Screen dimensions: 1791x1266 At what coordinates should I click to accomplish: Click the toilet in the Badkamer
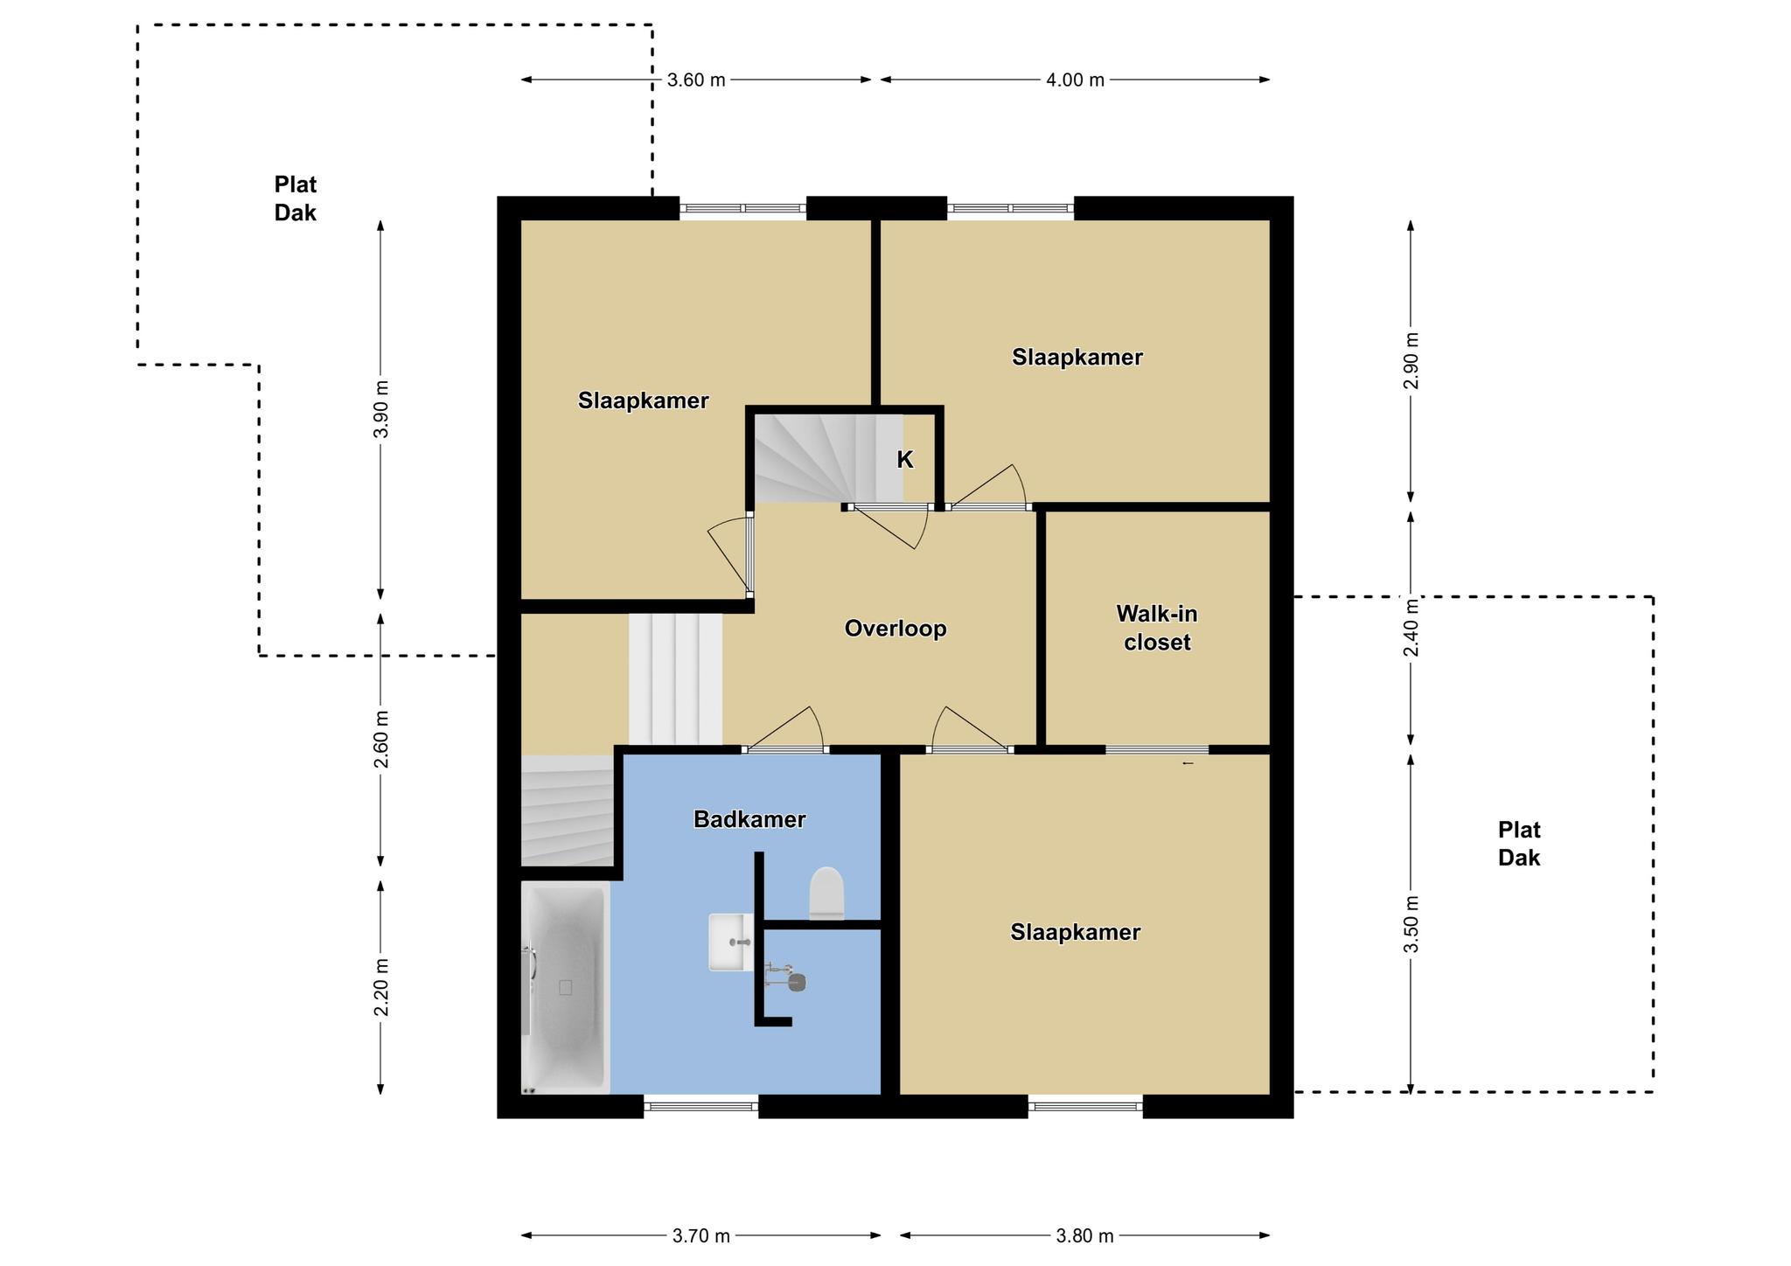[x=826, y=893]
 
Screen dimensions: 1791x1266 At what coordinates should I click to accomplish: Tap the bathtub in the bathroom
[x=566, y=988]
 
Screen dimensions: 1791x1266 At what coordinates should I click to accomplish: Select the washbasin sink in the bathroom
[x=730, y=942]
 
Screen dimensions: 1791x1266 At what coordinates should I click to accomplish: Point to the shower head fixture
[x=786, y=977]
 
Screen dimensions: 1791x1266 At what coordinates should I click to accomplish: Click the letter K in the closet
[x=905, y=460]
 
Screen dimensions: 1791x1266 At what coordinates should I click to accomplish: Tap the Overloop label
[x=895, y=629]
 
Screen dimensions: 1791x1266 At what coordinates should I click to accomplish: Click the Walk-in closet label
[x=1157, y=628]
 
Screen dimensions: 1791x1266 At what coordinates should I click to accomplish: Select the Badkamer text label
[x=749, y=819]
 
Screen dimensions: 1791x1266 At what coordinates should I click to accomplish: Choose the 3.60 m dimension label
[x=696, y=80]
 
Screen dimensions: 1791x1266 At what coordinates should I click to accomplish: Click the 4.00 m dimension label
[x=1075, y=80]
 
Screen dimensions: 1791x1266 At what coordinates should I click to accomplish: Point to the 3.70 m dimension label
[x=701, y=1236]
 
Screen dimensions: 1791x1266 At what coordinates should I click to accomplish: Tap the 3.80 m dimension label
[x=1085, y=1236]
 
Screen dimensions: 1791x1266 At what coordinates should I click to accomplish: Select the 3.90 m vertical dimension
[x=380, y=410]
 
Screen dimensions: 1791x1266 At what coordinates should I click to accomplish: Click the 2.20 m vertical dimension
[x=380, y=988]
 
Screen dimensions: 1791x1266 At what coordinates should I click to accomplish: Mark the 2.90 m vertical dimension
[x=1410, y=361]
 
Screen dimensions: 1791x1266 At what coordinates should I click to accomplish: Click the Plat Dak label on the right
[x=1519, y=844]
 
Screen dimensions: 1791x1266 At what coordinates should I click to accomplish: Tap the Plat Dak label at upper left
[x=296, y=198]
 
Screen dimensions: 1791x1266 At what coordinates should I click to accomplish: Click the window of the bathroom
[x=701, y=1106]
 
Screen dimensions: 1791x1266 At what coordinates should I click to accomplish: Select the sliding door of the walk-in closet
[x=1157, y=749]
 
